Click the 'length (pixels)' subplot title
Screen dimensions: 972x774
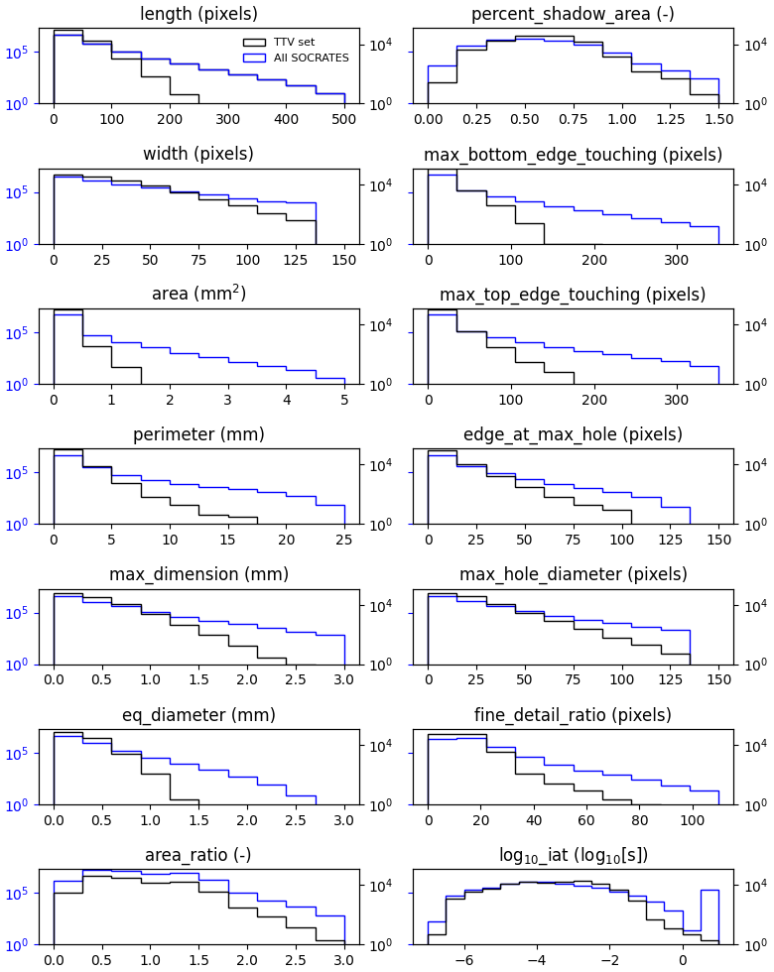coord(198,14)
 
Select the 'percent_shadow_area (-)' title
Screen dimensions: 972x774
coord(573,14)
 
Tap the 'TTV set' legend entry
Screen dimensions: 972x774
coord(294,43)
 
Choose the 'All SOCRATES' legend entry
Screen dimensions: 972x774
coord(311,58)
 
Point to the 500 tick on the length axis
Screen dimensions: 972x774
coord(344,119)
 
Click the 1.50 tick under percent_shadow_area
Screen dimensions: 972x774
coord(718,119)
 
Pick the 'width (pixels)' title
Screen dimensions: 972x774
coord(198,155)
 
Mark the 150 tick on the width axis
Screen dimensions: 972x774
coord(344,260)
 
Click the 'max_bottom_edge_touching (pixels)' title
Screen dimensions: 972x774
coord(573,155)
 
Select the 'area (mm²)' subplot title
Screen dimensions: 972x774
coord(198,295)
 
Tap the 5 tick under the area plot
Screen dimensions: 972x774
coord(344,400)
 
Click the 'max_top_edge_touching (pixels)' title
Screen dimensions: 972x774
coord(573,295)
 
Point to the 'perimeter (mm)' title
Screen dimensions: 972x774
coord(198,434)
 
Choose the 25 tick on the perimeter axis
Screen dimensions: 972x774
coord(344,540)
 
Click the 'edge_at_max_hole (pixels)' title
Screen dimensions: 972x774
coord(573,434)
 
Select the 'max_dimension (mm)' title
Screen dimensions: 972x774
coord(198,575)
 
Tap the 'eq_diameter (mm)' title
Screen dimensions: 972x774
coord(198,715)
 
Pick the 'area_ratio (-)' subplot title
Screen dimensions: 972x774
coord(198,855)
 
